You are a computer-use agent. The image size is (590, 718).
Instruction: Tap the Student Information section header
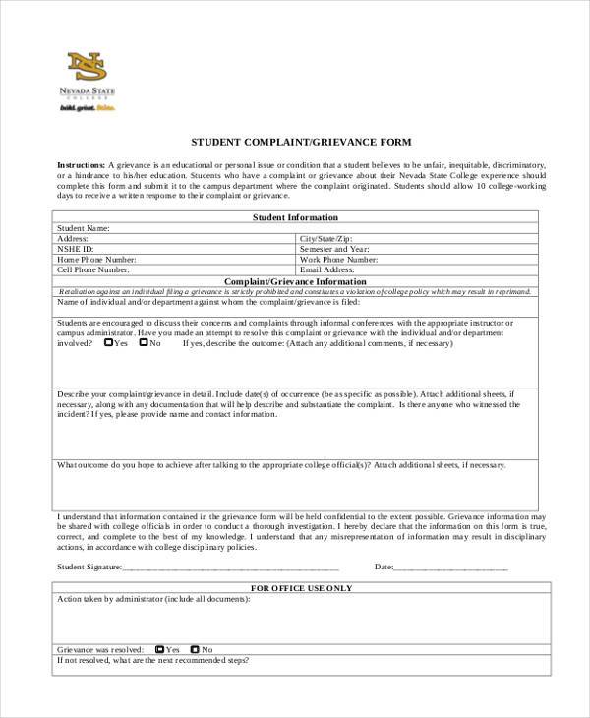295,217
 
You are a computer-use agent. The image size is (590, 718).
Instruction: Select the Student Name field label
83,228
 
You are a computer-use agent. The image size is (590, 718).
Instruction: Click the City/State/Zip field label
325,239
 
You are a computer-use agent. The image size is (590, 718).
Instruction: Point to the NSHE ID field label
75,249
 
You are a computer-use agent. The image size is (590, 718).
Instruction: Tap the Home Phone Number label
96,260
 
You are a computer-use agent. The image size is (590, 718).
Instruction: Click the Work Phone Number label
336,260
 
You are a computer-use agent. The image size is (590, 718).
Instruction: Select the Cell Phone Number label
92,269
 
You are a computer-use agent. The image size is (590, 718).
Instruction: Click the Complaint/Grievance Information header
295,280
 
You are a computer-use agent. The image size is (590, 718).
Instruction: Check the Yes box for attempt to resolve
108,343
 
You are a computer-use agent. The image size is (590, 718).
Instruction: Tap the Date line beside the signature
451,568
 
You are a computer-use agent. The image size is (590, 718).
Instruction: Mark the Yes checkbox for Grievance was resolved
159,649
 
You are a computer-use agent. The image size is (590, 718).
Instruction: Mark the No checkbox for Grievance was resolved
195,649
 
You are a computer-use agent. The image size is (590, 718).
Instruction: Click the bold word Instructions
81,164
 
